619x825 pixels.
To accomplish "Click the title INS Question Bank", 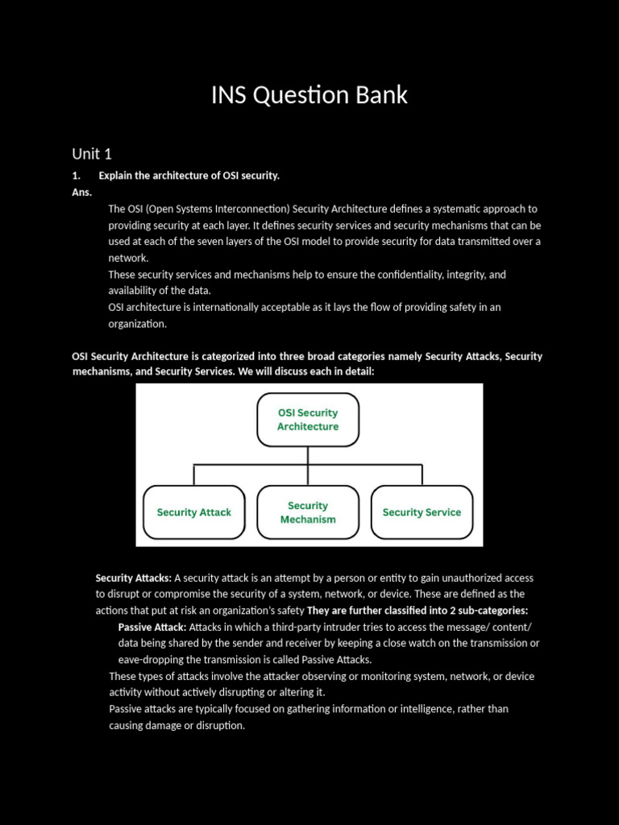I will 309,95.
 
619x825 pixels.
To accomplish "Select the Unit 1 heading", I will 92,154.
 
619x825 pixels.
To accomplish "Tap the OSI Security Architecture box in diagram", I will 308,420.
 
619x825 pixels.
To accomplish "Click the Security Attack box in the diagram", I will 193,512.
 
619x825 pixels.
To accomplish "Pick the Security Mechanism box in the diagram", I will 308,512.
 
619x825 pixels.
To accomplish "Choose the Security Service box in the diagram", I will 422,512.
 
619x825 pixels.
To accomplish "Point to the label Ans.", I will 81,193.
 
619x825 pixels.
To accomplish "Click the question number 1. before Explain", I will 77,176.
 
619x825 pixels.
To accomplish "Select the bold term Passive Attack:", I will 152,627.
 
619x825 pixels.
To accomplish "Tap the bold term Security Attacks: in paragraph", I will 133,578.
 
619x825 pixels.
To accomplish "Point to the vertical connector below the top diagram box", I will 308,455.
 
